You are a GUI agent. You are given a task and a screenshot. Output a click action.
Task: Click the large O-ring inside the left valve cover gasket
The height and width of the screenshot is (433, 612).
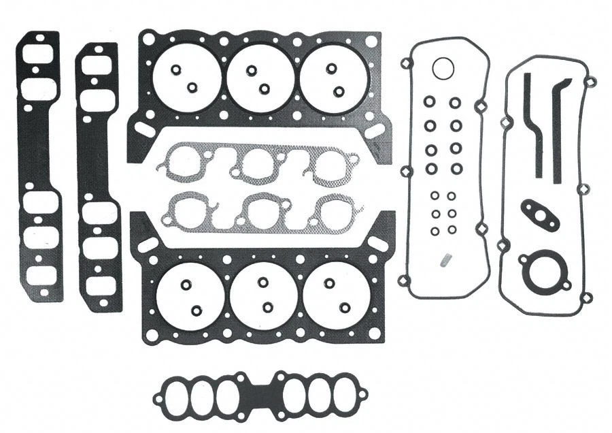[x=443, y=69]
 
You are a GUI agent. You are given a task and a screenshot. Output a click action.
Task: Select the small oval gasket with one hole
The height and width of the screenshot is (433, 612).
[x=540, y=214]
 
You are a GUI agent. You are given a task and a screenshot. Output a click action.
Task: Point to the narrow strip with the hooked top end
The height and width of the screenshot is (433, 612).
[x=560, y=129]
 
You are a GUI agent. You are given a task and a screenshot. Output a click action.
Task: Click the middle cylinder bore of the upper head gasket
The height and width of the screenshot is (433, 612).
[x=260, y=79]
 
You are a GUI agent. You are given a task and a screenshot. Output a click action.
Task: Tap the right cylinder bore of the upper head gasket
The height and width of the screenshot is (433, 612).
[x=333, y=78]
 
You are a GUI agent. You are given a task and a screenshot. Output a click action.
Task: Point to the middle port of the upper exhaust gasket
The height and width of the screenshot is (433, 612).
[x=258, y=165]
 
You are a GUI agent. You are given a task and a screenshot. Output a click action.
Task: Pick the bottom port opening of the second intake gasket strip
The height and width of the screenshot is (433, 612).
[x=99, y=285]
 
